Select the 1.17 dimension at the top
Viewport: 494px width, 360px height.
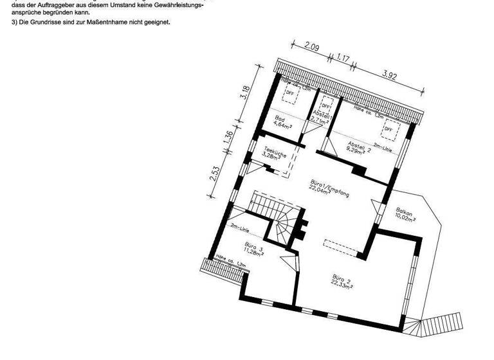click(343, 59)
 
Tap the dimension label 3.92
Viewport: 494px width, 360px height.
click(389, 75)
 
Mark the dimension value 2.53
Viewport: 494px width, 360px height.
click(215, 174)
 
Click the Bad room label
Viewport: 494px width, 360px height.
click(280, 119)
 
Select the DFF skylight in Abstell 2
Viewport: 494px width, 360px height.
click(389, 130)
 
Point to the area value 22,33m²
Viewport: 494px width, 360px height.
click(341, 286)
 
